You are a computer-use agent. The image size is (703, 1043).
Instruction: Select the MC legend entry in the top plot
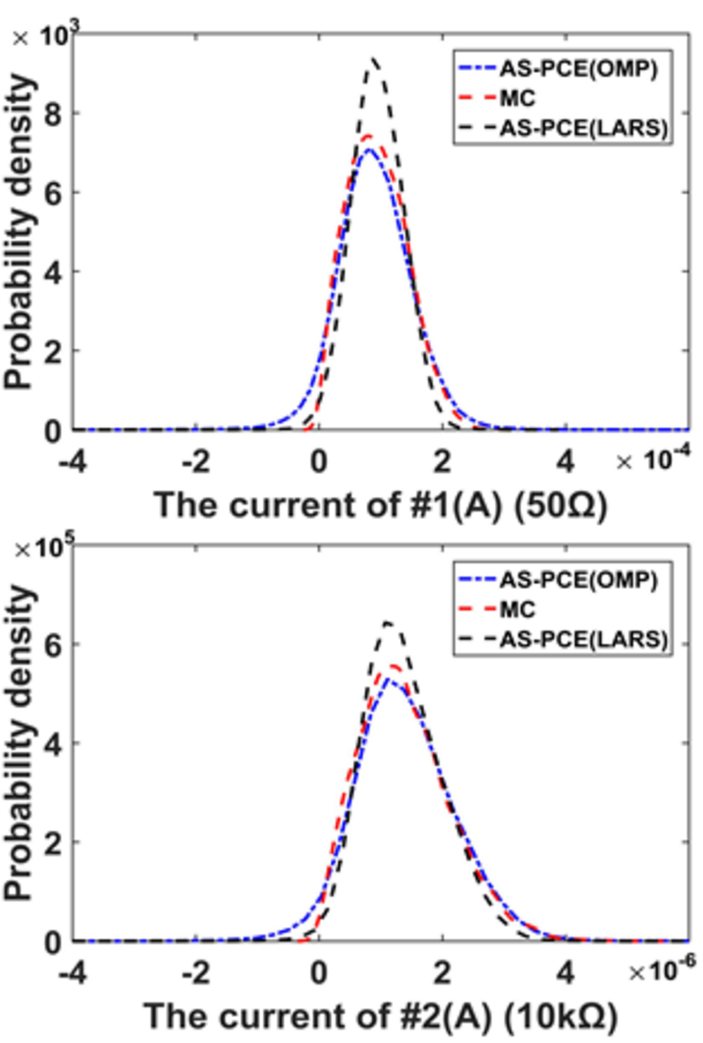[x=517, y=98]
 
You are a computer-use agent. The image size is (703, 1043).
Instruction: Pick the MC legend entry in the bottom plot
[x=517, y=609]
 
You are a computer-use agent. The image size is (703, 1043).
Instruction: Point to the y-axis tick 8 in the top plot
[x=53, y=114]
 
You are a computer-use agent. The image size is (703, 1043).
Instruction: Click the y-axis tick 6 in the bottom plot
[x=53, y=644]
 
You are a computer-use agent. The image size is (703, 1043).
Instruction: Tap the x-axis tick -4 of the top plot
[x=73, y=462]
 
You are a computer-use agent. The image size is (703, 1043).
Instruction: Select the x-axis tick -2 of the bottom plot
[x=196, y=973]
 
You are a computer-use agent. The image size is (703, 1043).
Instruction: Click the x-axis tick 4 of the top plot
[x=565, y=462]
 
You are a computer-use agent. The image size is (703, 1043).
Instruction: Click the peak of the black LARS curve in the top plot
[x=375, y=59]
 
